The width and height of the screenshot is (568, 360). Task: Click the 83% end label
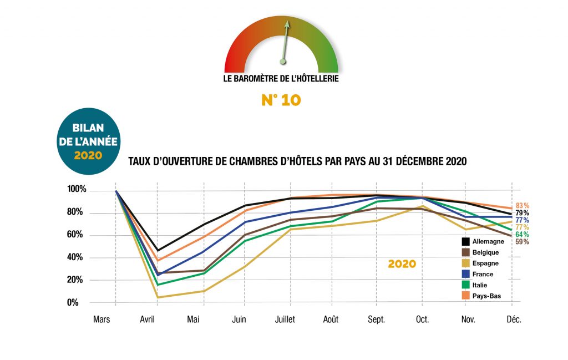522,205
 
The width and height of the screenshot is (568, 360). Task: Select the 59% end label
522,242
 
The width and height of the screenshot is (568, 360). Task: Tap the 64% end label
522,235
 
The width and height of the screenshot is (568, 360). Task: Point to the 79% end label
522,213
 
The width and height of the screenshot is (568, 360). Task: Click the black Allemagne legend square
466,241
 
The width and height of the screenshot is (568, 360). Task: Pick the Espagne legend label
486,263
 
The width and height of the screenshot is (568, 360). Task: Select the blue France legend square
466,274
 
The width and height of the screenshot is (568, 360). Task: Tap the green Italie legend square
466,285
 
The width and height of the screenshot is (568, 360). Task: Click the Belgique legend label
488,252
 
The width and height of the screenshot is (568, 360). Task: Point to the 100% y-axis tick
77,190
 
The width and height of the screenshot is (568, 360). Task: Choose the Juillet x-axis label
285,320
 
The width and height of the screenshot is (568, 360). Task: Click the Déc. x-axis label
514,320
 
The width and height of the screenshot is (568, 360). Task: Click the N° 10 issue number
281,100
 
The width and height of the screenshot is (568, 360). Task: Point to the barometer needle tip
287,23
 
